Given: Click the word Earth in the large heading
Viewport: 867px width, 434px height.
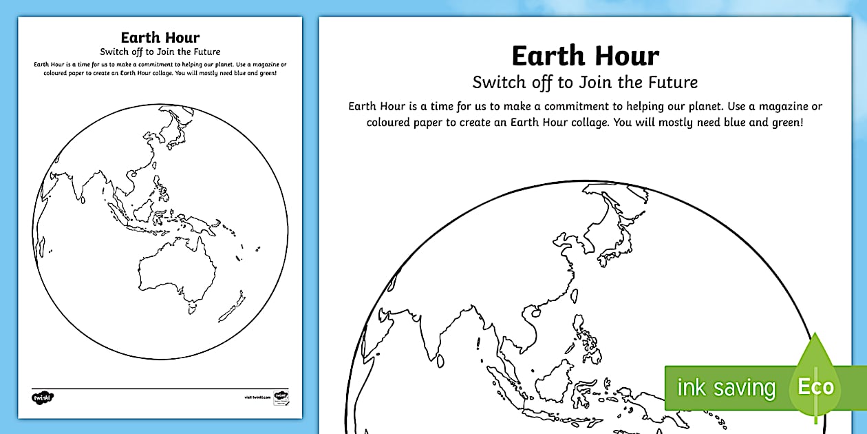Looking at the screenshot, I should pos(548,56).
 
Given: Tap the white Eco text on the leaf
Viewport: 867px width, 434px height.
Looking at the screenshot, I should pos(815,386).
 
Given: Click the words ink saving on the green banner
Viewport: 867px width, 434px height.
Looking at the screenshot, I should pos(726,388).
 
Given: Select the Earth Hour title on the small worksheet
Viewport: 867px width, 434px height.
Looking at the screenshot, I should pos(160,38).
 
